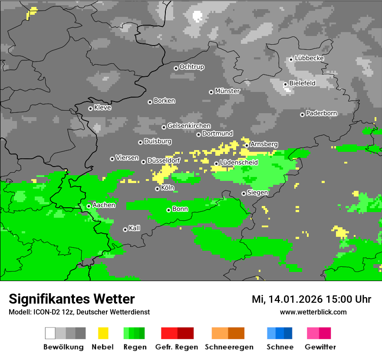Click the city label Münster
pos(227,91)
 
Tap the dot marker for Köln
pos(157,189)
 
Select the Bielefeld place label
pos(302,83)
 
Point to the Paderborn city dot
pos(302,115)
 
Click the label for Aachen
pos(104,205)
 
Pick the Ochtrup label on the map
pos(192,67)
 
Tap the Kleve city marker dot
pos(90,108)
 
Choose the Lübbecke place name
pos(309,58)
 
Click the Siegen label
pos(257,193)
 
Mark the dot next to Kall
pos(125,229)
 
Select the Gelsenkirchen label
pos(189,126)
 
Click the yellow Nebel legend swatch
pos(103,333)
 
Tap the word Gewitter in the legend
pos(320,347)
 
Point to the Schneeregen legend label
pos(229,347)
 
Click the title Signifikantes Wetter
pos(72,299)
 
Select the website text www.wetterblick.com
pos(313,312)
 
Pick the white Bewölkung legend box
pos(50,333)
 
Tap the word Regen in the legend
pos(135,347)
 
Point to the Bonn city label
pos(180,209)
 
